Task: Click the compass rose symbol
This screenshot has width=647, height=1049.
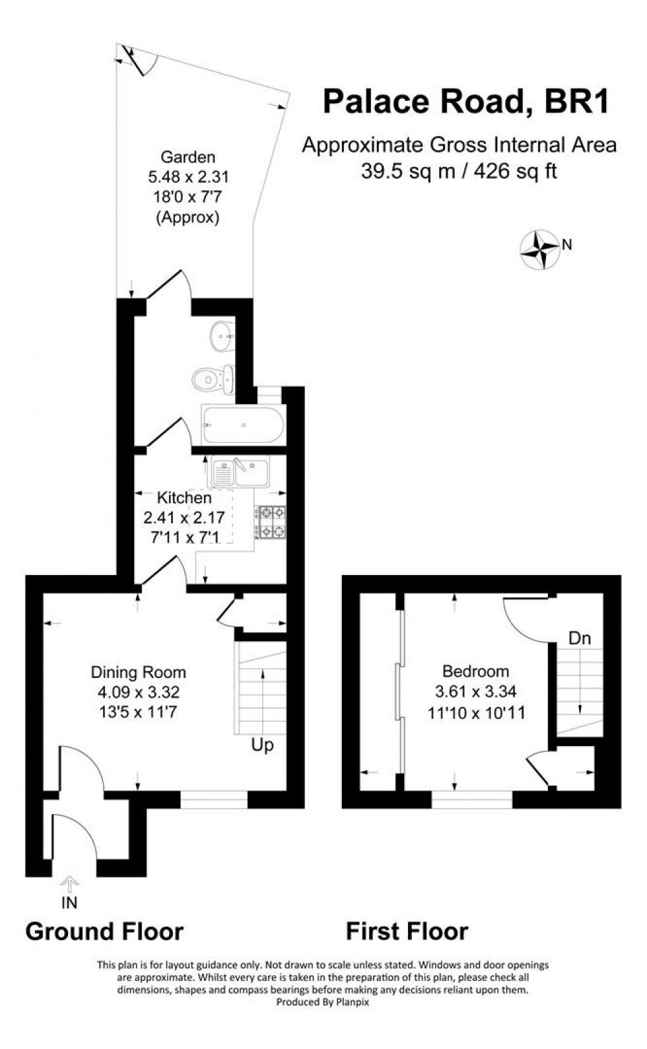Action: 541,250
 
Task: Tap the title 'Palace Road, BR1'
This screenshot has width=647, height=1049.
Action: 465,102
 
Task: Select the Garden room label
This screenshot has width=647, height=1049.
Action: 188,157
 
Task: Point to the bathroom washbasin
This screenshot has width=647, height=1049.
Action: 222,337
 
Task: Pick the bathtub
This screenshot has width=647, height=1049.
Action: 243,424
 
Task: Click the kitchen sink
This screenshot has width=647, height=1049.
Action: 240,471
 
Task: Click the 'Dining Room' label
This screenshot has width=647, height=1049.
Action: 138,673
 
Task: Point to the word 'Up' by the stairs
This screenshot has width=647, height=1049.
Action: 262,746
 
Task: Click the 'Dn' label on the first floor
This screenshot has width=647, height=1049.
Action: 580,638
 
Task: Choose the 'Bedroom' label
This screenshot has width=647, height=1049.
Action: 475,671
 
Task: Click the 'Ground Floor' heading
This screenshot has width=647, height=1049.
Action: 104,931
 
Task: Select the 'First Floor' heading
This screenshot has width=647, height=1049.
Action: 407,931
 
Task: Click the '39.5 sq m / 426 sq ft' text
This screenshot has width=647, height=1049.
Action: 459,171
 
